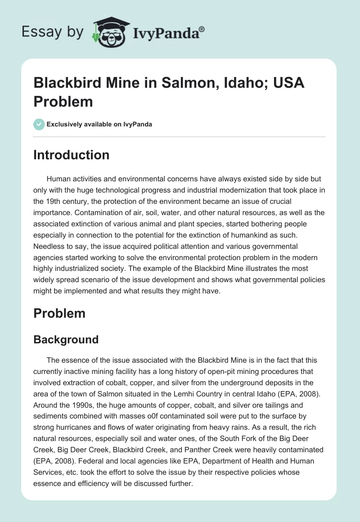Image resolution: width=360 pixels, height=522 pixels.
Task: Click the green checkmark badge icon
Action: coord(39,124)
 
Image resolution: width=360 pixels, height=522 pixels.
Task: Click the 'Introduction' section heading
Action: coord(72,155)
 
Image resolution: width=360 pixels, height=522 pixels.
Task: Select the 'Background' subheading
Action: coord(66,340)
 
